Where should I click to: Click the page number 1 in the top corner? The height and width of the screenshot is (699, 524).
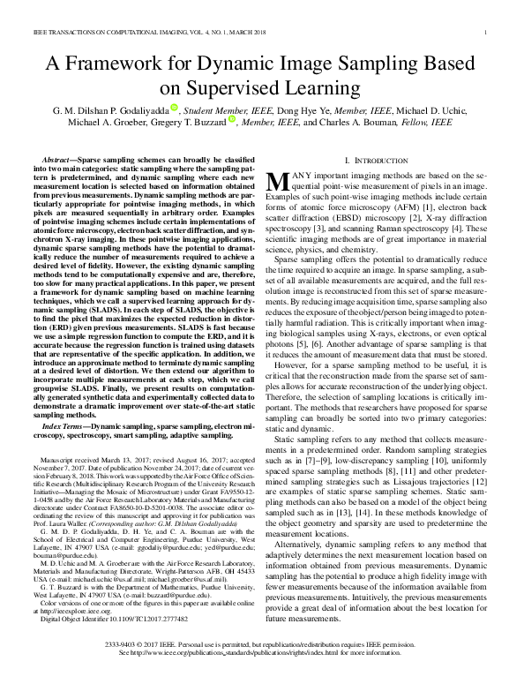[487, 34]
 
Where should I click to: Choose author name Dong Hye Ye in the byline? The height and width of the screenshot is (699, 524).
[279, 109]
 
